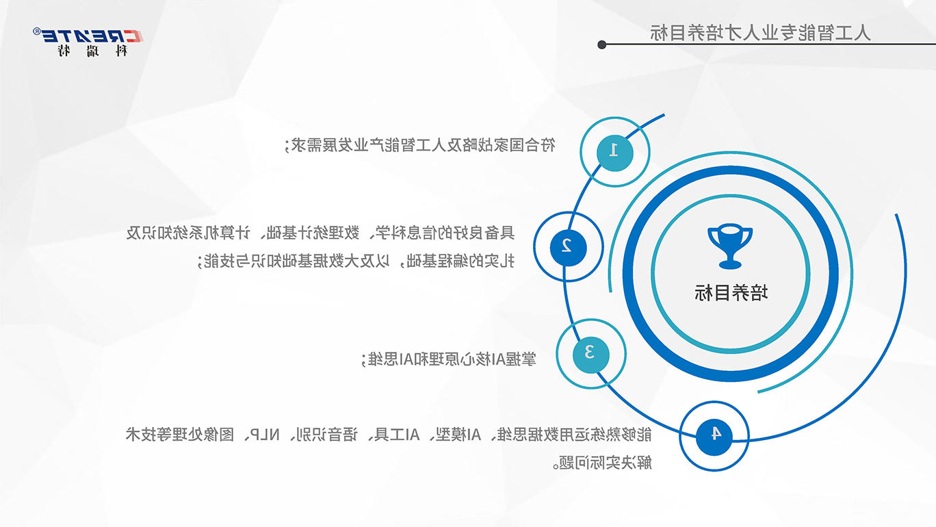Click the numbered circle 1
pos(614,153)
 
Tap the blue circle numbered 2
pos(569,247)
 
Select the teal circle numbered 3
pos(591,355)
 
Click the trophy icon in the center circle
pos(730,246)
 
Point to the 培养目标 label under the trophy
pos(731,292)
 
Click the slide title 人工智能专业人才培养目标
pos(760,33)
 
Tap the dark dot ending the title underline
pos(601,44)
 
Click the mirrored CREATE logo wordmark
pos(93,36)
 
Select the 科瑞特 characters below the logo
pos(92,51)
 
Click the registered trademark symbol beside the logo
pos(37,31)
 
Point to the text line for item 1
pos(420,145)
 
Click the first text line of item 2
pos(320,233)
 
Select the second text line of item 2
pos(356,261)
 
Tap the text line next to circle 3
pos(449,359)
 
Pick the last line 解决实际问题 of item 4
pos(602,463)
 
